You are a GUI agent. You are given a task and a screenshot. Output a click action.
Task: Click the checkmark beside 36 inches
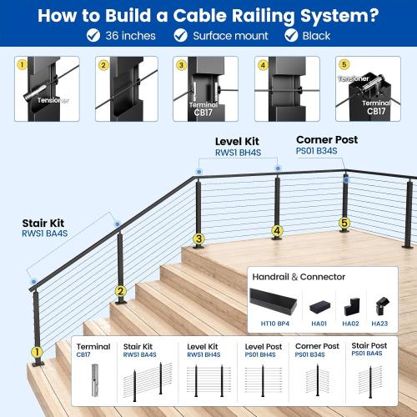[x=93, y=36]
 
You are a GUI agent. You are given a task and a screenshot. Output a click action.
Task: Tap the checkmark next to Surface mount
[x=180, y=36]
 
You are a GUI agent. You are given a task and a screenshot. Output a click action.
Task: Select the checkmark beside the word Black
[x=290, y=36]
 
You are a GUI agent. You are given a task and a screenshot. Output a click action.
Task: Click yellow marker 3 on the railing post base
[x=198, y=240]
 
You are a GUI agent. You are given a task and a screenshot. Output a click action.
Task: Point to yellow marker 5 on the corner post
[x=344, y=224]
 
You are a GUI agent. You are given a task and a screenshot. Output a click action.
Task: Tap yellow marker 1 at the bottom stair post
[x=36, y=353]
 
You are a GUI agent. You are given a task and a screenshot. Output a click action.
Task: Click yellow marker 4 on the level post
[x=276, y=231]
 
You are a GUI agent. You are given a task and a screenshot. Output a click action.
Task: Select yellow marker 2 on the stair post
[x=120, y=292]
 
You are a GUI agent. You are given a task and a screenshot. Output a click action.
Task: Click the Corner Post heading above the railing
[x=327, y=139]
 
